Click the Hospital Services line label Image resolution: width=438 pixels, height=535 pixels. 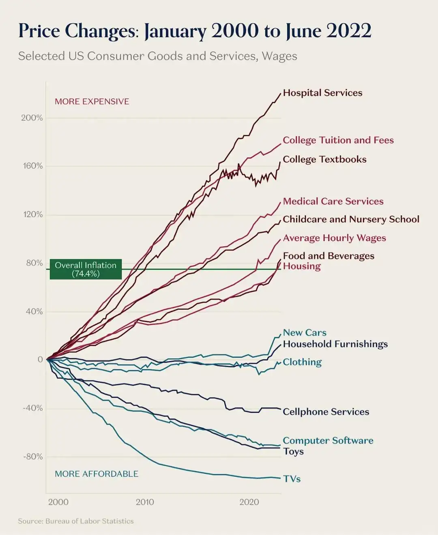tap(322, 93)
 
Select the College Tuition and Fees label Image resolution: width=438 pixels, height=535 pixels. tap(338, 140)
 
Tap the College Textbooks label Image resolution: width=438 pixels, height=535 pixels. tap(324, 159)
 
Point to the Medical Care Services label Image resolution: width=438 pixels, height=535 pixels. tap(333, 201)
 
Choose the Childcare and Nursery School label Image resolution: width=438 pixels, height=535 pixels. tap(351, 219)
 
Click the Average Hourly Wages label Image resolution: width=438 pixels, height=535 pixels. tap(335, 238)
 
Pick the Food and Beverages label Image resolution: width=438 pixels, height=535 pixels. tap(328, 256)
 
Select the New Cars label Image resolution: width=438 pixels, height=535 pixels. tap(305, 332)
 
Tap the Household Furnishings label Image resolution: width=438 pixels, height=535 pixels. tap(335, 344)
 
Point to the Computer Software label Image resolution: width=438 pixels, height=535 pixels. tap(328, 441)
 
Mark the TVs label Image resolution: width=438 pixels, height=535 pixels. tap(292, 479)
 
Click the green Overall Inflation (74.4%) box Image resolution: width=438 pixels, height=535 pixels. tap(86, 269)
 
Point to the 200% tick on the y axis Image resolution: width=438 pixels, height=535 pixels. tap(32, 118)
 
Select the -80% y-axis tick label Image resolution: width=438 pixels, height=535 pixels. tap(33, 457)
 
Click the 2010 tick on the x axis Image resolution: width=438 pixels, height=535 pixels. tap(145, 502)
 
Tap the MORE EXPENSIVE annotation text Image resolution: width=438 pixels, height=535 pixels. tap(92, 101)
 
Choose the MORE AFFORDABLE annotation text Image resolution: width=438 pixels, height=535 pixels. tap(97, 474)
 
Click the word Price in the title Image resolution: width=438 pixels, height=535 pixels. tap(39, 30)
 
